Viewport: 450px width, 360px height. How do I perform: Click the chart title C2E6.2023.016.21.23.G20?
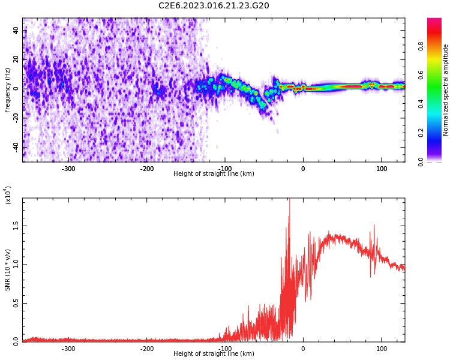click(214, 6)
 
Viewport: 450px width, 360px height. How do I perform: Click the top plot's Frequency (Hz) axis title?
click(8, 90)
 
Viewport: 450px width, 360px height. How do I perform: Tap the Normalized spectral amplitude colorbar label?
click(446, 90)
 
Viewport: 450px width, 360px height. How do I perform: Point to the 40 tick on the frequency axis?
click(16, 31)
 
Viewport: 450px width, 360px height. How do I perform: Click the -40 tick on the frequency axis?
click(14, 147)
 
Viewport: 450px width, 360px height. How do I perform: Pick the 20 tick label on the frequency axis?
click(16, 60)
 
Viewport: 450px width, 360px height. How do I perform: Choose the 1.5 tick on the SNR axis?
click(16, 226)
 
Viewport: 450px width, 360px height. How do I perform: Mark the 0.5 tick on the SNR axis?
click(16, 303)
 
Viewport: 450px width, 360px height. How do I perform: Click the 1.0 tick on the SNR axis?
click(16, 265)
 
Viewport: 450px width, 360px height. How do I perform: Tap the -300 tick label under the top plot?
click(68, 169)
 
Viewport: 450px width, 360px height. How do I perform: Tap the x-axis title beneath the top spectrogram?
click(214, 174)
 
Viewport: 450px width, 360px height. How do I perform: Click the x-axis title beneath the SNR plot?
click(214, 354)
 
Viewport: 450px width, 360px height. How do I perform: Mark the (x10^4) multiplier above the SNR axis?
click(8, 195)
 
